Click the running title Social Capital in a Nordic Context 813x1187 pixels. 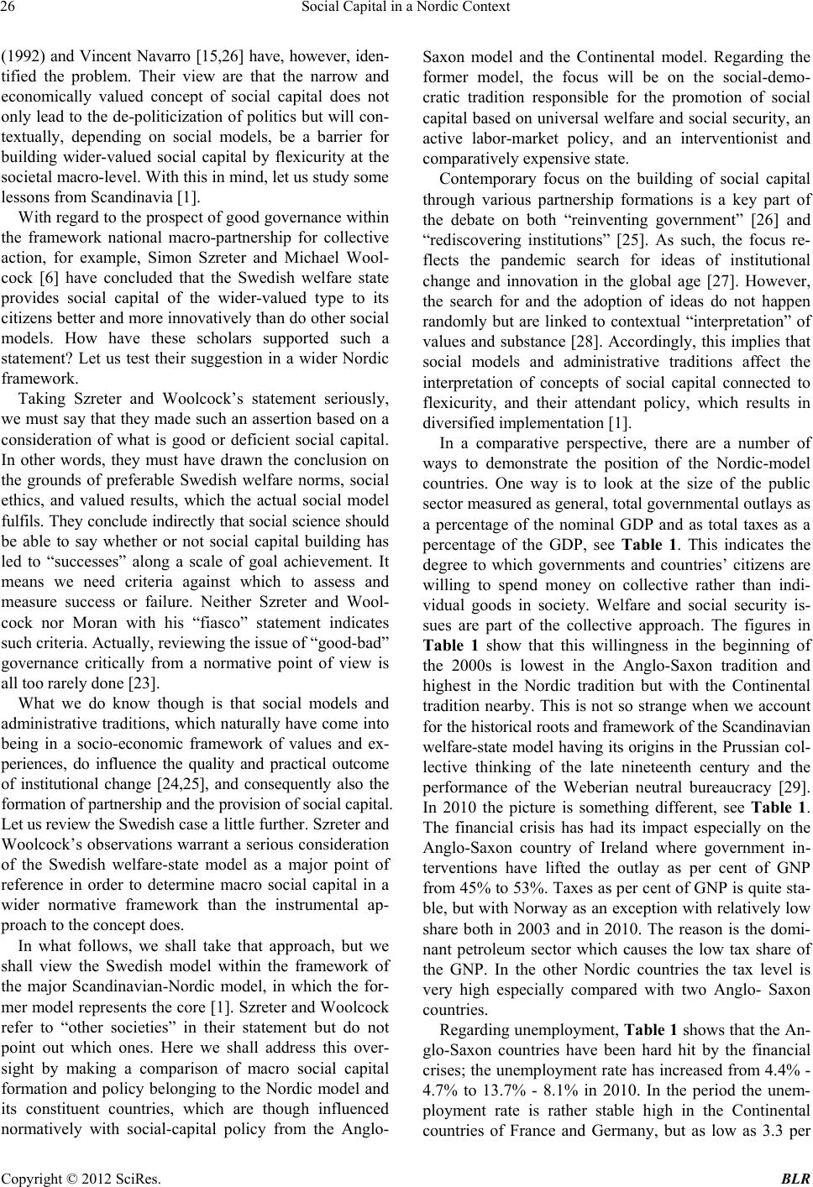click(x=406, y=11)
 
